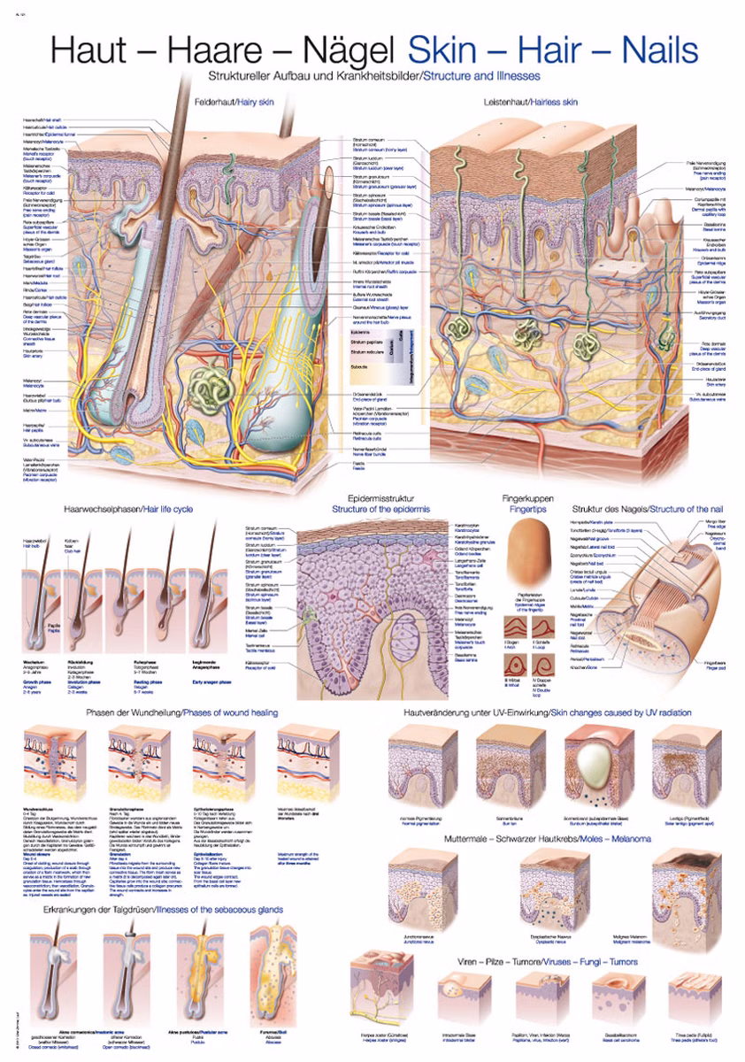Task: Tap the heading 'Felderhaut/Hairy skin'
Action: click(x=233, y=104)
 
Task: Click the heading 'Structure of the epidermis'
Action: click(x=380, y=511)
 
